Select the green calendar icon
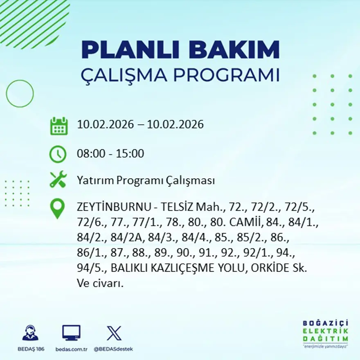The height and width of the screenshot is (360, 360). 59,126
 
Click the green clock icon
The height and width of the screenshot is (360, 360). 58,154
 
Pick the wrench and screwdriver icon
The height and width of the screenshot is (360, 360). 58,180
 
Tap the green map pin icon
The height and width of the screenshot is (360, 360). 58,208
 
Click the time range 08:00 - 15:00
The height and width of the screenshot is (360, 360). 110,154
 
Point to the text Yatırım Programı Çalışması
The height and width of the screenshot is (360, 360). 146,180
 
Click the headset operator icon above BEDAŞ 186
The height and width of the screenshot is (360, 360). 30,333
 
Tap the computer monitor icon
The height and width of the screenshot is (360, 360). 71,333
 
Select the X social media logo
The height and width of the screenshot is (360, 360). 114,333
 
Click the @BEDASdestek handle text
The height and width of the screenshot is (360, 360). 113,349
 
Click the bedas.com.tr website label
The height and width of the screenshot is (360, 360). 71,349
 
